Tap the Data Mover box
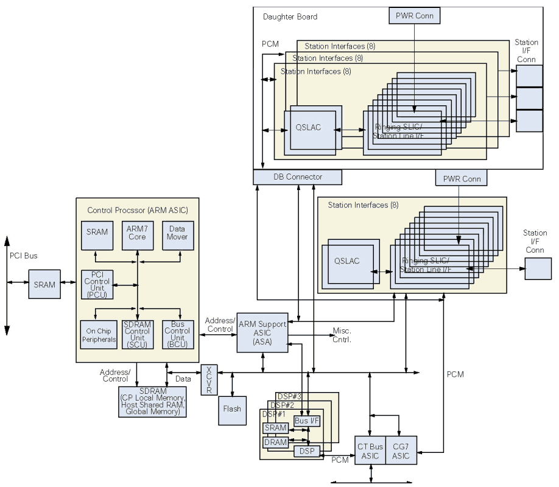[x=178, y=233]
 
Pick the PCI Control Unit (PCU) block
[x=97, y=285]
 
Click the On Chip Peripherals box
[x=97, y=334]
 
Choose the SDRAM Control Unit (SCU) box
[x=138, y=334]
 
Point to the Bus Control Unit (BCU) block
[x=178, y=334]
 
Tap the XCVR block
[x=209, y=380]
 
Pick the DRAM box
[x=275, y=442]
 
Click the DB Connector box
[x=298, y=177]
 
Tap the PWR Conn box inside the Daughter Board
[x=413, y=15]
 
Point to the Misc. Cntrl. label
[x=341, y=335]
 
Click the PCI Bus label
[x=24, y=256]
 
